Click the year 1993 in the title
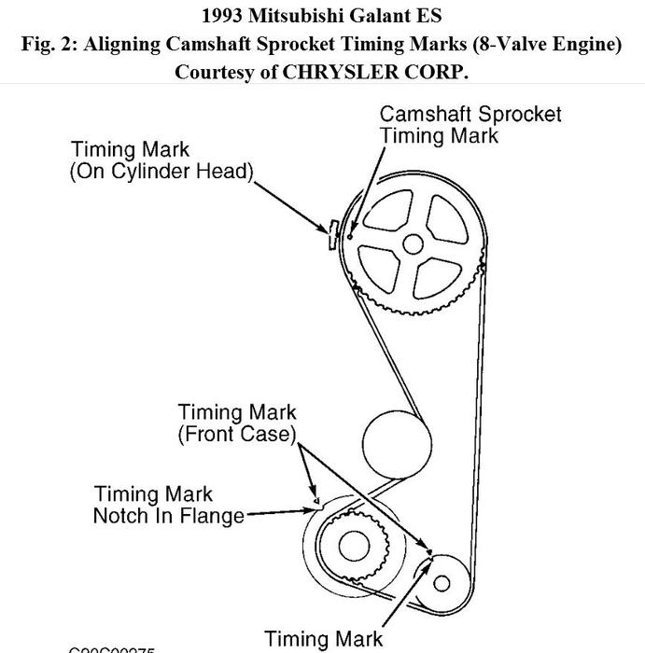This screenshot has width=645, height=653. coord(225,16)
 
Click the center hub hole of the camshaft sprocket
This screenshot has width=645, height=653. coord(412,245)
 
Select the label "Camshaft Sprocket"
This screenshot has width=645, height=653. coord(470,115)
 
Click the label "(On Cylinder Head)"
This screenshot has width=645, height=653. coord(161,173)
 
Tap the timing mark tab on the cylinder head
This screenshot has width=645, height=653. coord(331,233)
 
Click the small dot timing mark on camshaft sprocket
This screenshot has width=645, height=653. coord(350,236)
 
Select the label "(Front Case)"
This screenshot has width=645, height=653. coord(237,434)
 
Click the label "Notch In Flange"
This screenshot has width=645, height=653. coord(168,515)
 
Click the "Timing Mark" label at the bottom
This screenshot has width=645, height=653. coord(323,639)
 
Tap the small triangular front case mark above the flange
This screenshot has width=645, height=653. coord(315,500)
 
